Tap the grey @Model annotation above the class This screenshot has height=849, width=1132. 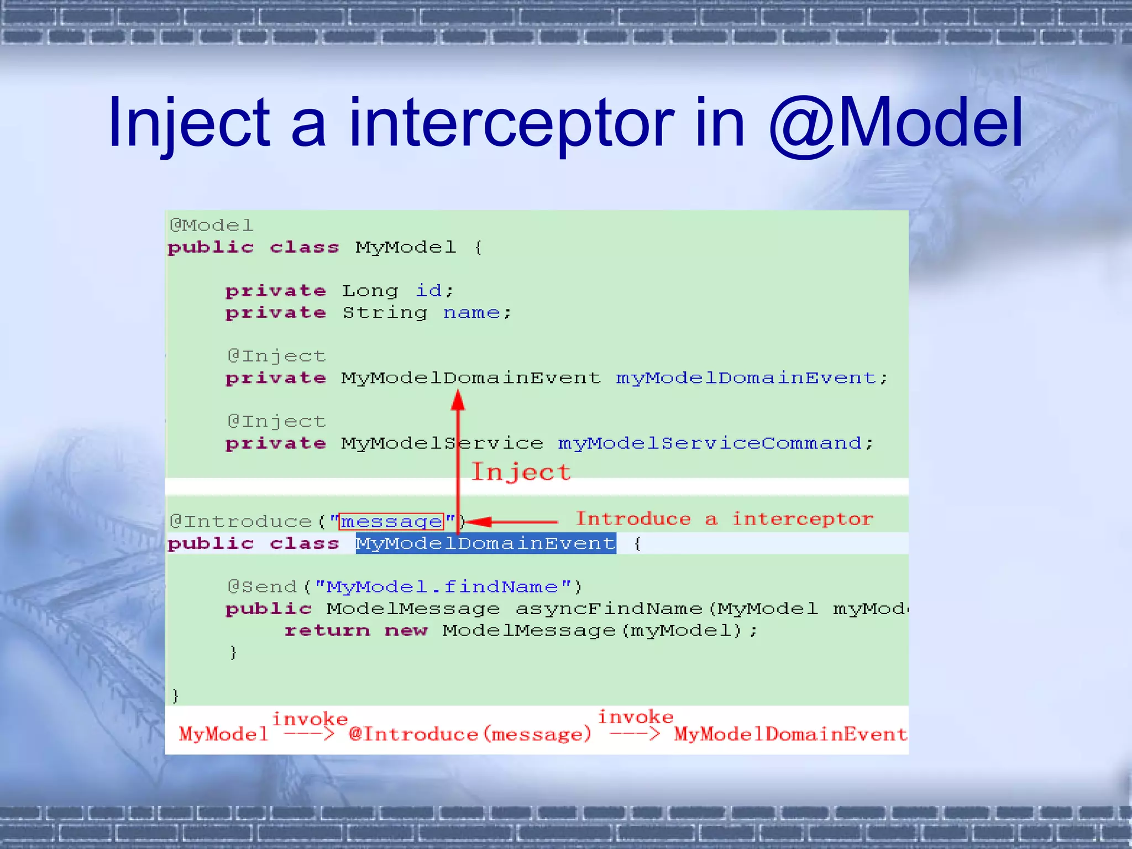pos(211,225)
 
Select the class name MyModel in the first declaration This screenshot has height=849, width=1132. pos(406,247)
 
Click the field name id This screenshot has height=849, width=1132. pos(429,290)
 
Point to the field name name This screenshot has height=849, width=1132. pos(471,313)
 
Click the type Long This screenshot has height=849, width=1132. pos(370,290)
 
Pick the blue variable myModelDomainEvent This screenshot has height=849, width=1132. pos(746,378)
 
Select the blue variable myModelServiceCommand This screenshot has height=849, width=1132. pos(710,443)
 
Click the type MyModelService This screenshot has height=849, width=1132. pos(442,443)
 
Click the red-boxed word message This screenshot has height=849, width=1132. pos(391,521)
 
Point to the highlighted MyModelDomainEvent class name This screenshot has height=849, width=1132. pos(485,544)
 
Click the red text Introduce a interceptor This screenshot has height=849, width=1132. pos(724,519)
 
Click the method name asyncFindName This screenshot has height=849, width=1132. pos(609,609)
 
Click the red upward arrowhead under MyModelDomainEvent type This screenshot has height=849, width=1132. pos(458,400)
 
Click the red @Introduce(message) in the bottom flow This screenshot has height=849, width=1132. pos(470,735)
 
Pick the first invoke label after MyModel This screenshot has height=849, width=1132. pos(310,719)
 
